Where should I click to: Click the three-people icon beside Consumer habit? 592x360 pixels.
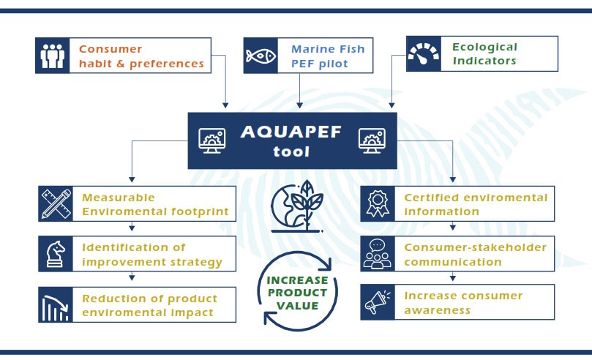(53, 56)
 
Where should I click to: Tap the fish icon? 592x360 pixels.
(261, 56)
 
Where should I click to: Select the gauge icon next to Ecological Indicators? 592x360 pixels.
(424, 53)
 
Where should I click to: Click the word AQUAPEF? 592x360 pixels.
(291, 132)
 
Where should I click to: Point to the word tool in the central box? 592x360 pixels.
(291, 151)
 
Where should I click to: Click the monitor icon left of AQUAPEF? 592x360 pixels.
(212, 140)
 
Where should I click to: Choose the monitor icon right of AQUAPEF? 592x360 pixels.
(372, 140)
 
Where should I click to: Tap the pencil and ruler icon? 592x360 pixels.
(56, 203)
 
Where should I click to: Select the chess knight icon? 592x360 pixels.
(56, 254)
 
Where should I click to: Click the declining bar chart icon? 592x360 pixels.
(55, 308)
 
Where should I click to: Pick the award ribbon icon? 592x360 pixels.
(378, 203)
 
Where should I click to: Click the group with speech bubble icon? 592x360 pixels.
(378, 254)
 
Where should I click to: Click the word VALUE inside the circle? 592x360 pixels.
(298, 306)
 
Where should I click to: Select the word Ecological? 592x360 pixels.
(484, 47)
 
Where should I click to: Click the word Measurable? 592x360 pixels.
(119, 198)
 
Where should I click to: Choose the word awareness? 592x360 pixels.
(437, 310)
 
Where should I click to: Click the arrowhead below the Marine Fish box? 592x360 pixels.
(299, 105)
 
